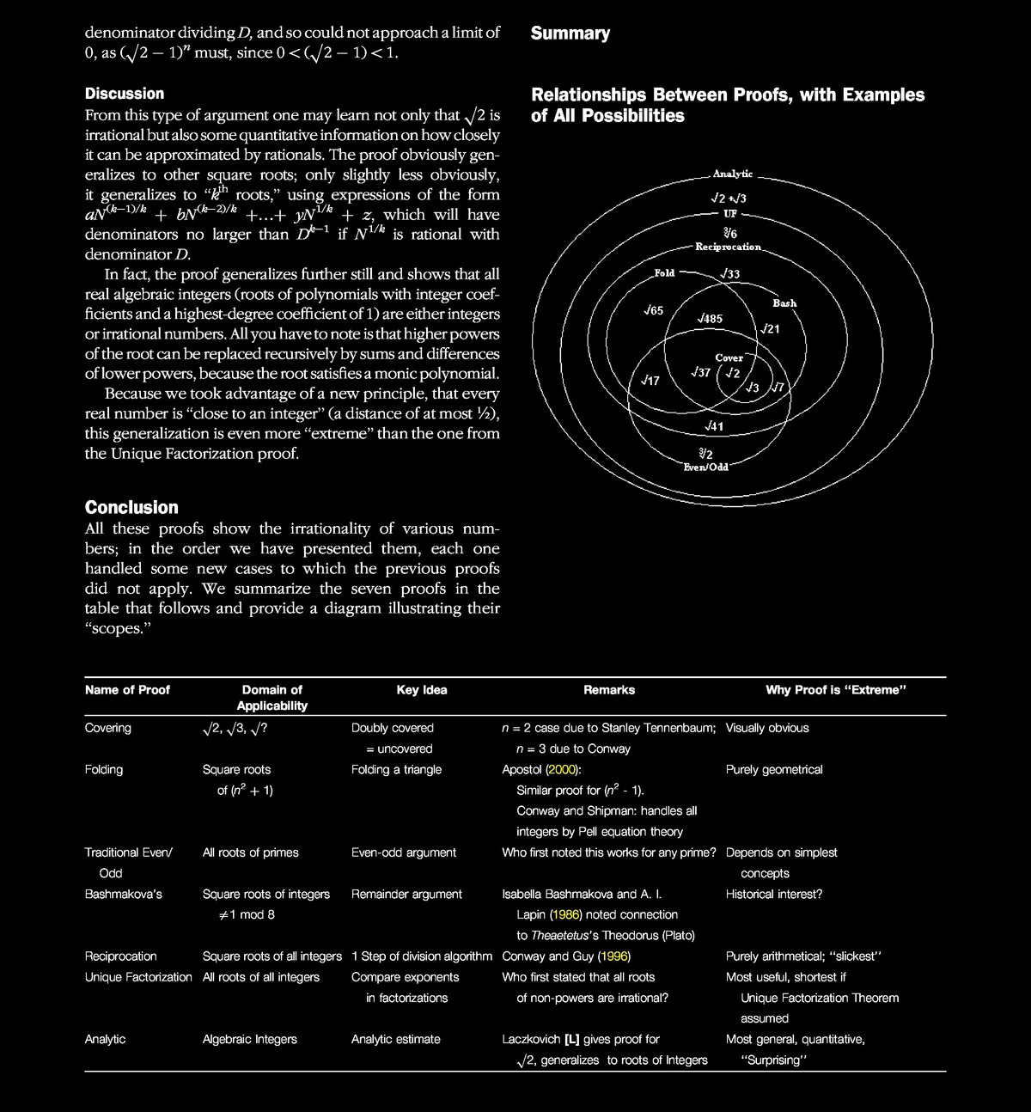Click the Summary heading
pyautogui.click(x=570, y=34)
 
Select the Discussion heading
pyautogui.click(x=125, y=94)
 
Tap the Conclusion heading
pyautogui.click(x=131, y=507)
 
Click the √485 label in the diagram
pyautogui.click(x=710, y=319)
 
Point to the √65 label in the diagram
pyautogui.click(x=653, y=310)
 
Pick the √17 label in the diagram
pyautogui.click(x=650, y=380)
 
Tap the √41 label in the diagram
pyautogui.click(x=713, y=426)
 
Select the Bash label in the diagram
pyautogui.click(x=784, y=303)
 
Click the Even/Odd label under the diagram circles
pyautogui.click(x=705, y=467)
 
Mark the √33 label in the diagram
pyautogui.click(x=730, y=274)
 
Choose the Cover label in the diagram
pyautogui.click(x=729, y=357)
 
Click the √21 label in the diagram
pyautogui.click(x=770, y=329)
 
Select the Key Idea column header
pyautogui.click(x=422, y=690)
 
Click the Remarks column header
pyautogui.click(x=609, y=690)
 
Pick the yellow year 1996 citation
pyautogui.click(x=616, y=956)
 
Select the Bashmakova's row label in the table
pyautogui.click(x=123, y=894)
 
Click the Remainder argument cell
pyautogui.click(x=406, y=894)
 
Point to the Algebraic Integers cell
pyautogui.click(x=249, y=1039)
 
